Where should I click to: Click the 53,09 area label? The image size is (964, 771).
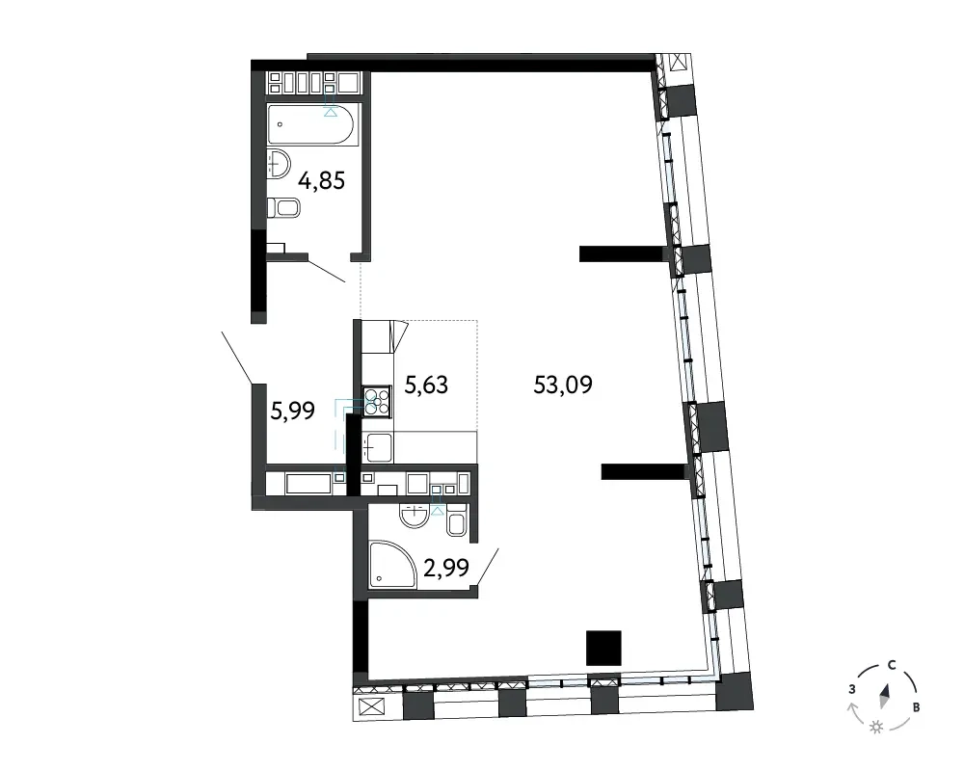click(x=563, y=385)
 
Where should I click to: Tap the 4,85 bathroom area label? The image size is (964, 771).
click(x=322, y=181)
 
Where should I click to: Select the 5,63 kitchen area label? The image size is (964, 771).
click(x=426, y=385)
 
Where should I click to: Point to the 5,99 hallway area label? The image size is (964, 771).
click(x=293, y=411)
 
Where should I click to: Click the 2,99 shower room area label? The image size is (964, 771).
click(x=446, y=568)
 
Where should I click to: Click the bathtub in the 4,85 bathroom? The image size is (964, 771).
click(x=310, y=123)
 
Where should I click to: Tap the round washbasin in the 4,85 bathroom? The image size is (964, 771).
click(x=279, y=164)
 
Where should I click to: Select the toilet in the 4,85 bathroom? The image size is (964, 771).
click(x=283, y=207)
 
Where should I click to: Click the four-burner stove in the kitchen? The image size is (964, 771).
click(x=377, y=402)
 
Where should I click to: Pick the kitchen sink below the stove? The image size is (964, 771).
click(x=378, y=447)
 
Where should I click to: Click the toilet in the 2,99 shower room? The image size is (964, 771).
click(x=456, y=520)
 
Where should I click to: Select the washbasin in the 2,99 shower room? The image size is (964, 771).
click(x=415, y=516)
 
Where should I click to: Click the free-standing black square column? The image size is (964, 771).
click(x=603, y=648)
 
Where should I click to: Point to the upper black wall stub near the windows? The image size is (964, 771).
click(x=623, y=253)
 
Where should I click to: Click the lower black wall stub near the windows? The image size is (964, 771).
click(x=644, y=471)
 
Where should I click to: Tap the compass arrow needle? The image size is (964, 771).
click(x=885, y=696)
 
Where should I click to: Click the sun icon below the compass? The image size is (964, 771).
click(x=876, y=728)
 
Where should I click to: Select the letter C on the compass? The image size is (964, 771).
click(x=892, y=665)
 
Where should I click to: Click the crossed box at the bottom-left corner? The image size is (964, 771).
click(x=371, y=707)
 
